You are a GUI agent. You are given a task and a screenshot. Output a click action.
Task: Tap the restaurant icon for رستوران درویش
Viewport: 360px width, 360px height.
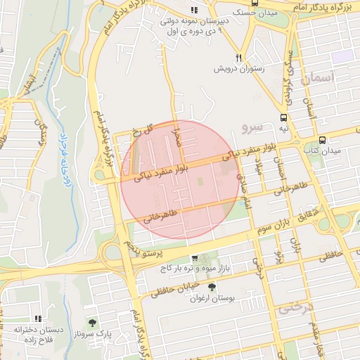click(x=239, y=58)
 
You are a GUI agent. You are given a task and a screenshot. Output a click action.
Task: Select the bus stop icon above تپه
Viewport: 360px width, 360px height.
click(x=283, y=118)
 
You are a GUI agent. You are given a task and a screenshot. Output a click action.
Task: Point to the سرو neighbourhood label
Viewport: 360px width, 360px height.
click(x=251, y=127)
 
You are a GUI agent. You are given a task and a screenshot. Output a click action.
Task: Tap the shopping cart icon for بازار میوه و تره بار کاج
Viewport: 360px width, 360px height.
click(x=195, y=258)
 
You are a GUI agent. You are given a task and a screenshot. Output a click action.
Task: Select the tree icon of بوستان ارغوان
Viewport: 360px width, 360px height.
click(x=212, y=286)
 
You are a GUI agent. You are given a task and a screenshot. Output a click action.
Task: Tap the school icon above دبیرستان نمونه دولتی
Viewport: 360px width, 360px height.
click(x=195, y=10)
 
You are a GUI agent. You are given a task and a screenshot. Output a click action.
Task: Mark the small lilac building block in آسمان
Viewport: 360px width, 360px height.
click(x=342, y=56)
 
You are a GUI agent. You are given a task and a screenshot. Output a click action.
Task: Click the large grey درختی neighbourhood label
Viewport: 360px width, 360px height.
click(x=295, y=308)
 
